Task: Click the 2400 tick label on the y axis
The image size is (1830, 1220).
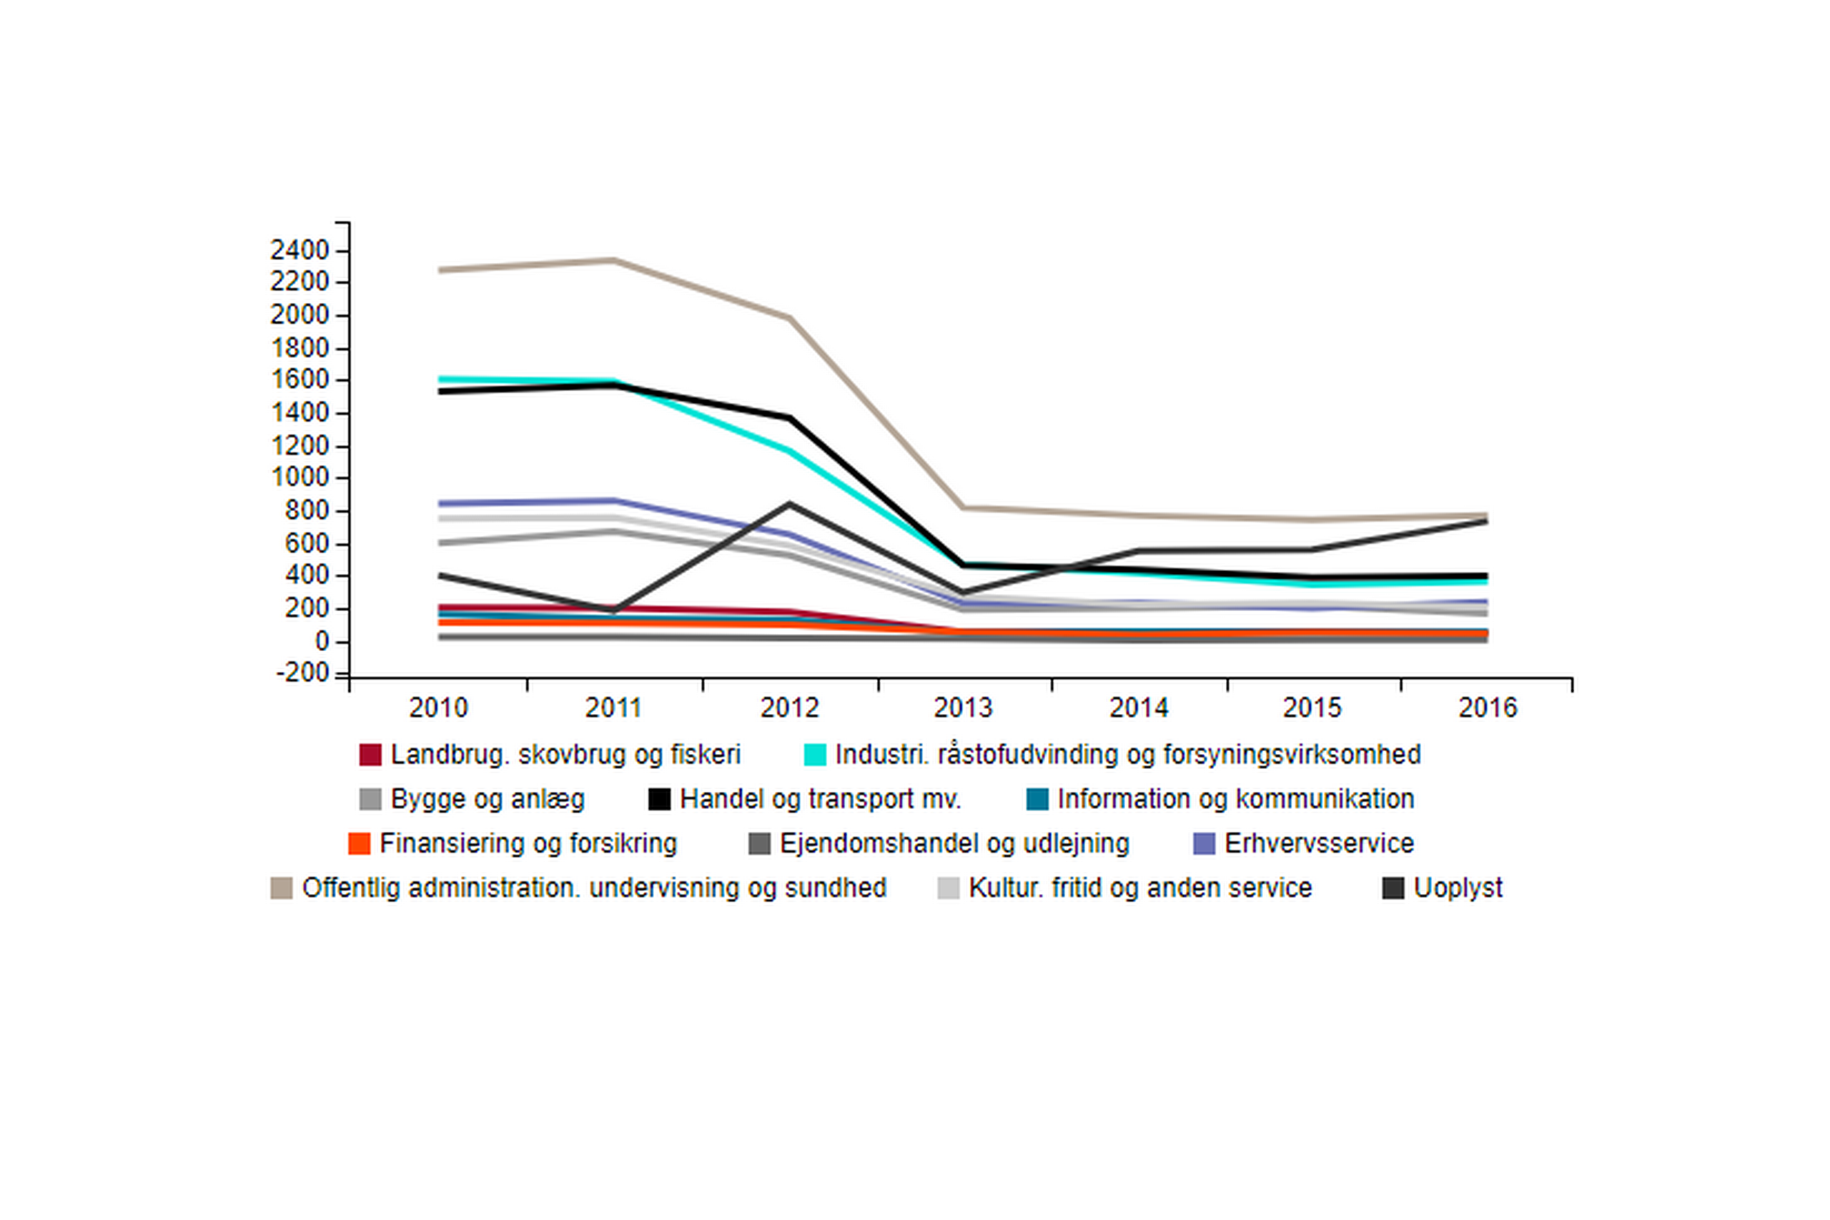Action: (300, 251)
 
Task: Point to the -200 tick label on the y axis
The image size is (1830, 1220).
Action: (302, 673)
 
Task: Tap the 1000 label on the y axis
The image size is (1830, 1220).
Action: (300, 477)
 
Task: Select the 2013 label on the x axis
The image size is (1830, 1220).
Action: (963, 708)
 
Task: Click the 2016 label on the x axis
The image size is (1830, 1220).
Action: (1488, 708)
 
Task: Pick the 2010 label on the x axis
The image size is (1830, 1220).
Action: (439, 708)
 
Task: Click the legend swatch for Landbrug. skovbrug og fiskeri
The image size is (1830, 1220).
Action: (370, 755)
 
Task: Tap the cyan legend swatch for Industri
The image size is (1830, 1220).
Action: (815, 755)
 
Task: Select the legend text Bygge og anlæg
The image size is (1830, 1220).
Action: (487, 799)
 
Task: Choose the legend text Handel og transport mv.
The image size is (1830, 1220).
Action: (820, 799)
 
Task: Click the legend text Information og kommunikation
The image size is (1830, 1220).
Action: (1235, 799)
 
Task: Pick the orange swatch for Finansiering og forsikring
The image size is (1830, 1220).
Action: (360, 843)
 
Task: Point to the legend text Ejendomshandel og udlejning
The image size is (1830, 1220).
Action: (954, 843)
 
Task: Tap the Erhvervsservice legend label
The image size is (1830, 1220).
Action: (1319, 843)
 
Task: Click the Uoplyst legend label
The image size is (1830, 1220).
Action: (1458, 888)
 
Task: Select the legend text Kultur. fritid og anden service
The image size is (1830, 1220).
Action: (1140, 888)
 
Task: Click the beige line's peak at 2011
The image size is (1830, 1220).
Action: (614, 260)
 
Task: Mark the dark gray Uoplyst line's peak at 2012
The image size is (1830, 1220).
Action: (789, 503)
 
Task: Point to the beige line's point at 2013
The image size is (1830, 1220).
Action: (963, 508)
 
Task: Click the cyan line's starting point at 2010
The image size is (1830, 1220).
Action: (440, 380)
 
